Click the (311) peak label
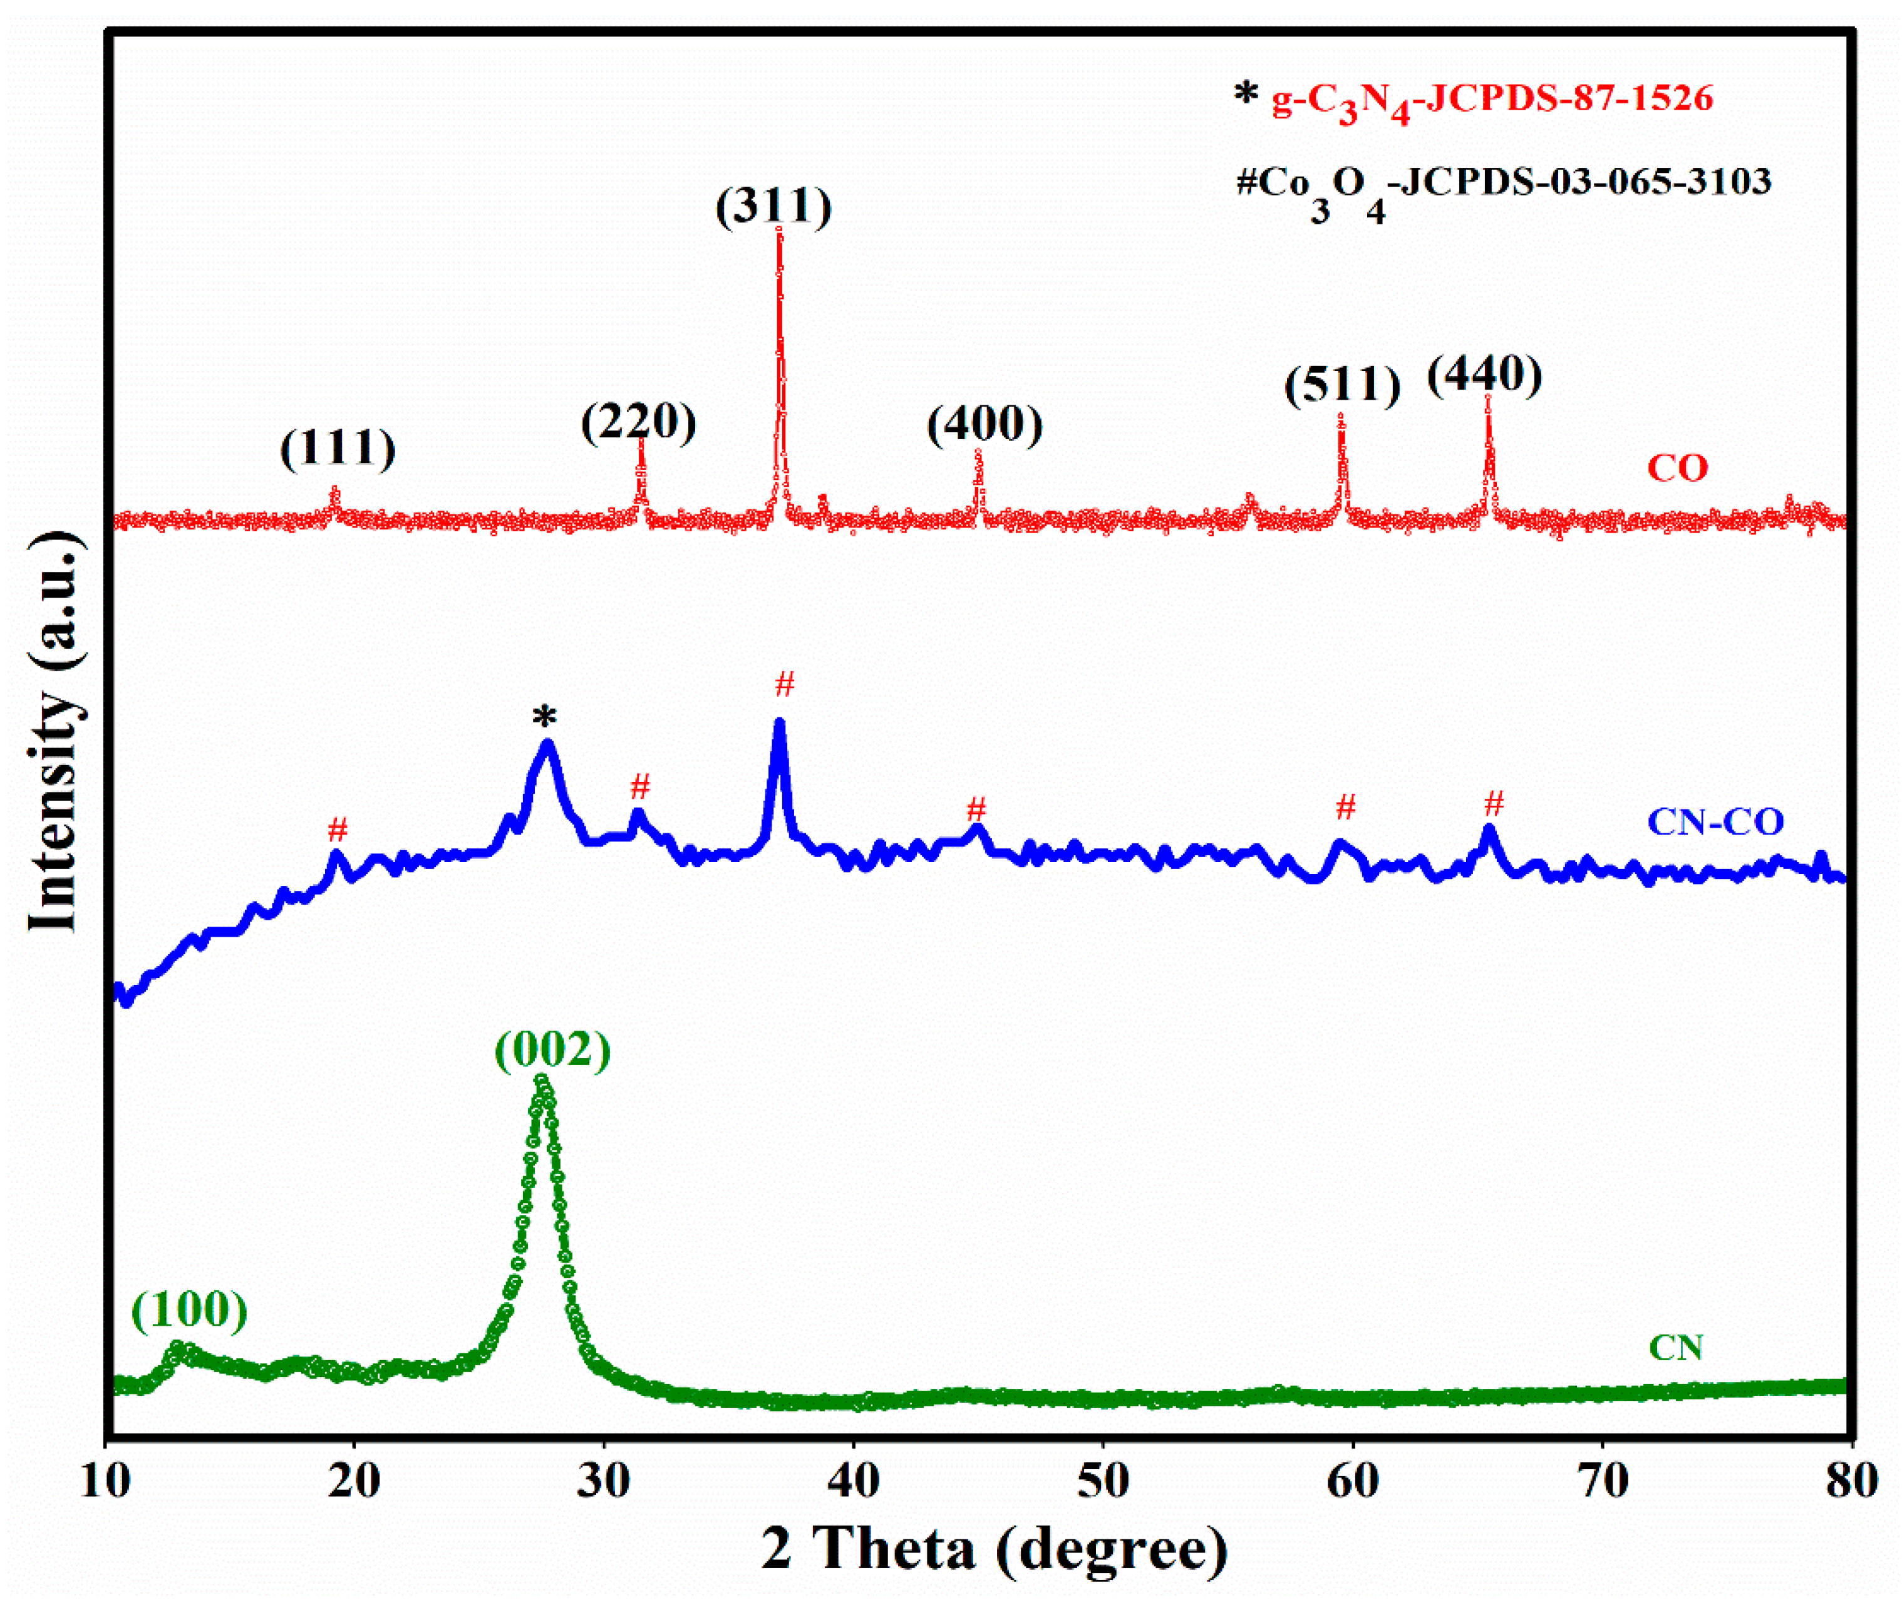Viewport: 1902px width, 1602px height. (x=773, y=207)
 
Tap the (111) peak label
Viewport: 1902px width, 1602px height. (x=338, y=449)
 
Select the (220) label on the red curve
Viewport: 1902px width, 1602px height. (x=639, y=422)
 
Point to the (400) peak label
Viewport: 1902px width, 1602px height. (x=985, y=424)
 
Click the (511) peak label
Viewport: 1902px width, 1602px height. (x=1342, y=385)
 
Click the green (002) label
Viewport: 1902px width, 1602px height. (x=553, y=1051)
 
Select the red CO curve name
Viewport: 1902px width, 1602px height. (x=1678, y=469)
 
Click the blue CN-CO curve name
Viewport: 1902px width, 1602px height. (x=1715, y=822)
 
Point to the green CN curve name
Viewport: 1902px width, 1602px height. (x=1676, y=1348)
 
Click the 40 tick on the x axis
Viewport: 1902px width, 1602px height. (x=854, y=1481)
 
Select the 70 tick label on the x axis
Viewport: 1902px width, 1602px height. (x=1603, y=1481)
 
